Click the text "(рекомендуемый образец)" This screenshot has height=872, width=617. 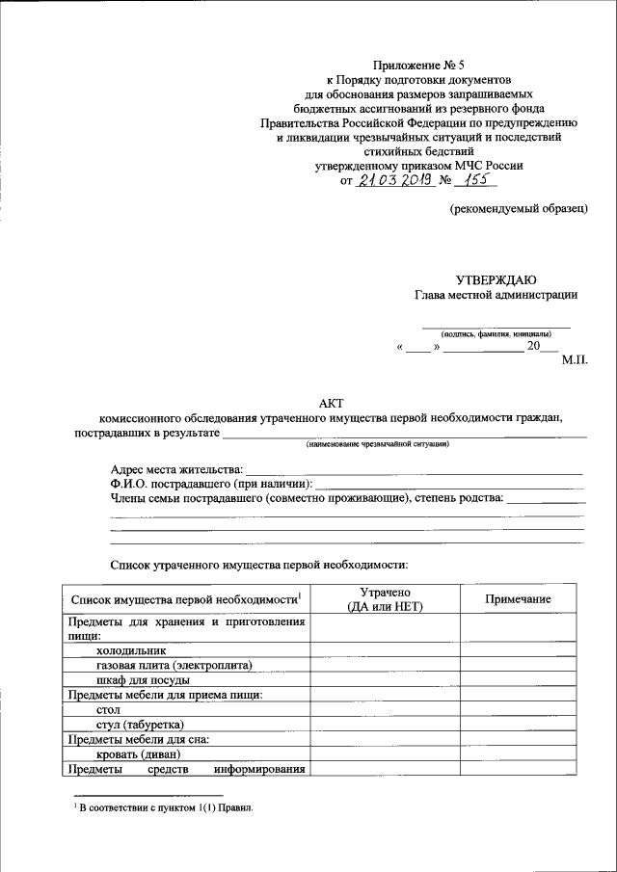click(x=519, y=208)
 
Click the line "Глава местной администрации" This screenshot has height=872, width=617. click(x=496, y=295)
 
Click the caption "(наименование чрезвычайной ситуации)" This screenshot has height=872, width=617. click(x=378, y=444)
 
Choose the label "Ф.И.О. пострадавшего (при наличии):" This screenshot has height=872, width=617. click(x=211, y=484)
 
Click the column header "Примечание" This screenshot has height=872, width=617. click(x=518, y=599)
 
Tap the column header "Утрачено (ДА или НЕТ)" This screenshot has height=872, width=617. click(x=385, y=599)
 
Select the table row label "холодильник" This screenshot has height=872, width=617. click(x=128, y=650)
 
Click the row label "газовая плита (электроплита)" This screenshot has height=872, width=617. click(x=174, y=665)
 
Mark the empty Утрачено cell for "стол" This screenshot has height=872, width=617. click(x=385, y=709)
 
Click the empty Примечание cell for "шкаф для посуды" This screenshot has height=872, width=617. click(x=518, y=679)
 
